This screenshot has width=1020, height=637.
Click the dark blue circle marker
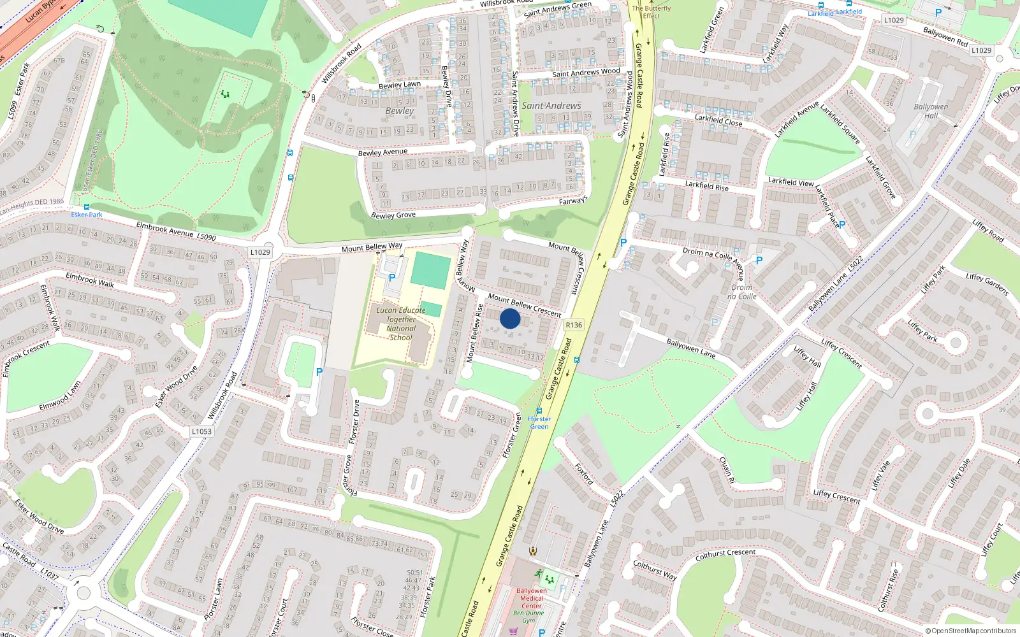coord(510,318)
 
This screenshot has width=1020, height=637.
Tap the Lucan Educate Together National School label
coord(401,324)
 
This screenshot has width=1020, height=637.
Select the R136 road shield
coord(574,325)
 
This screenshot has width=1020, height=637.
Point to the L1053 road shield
coord(201,431)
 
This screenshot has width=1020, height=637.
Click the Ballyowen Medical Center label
coord(532,598)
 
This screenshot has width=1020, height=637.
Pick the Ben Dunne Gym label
coord(529,617)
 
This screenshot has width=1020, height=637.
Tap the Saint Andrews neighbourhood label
coord(551,106)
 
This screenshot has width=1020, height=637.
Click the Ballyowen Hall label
coord(931,111)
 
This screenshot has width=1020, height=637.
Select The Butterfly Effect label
coord(652,12)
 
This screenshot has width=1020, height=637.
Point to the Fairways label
coord(572,201)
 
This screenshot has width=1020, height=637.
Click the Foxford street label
coord(584,474)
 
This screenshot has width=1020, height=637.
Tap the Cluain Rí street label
coord(727,470)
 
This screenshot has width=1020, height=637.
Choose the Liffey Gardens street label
coord(987,284)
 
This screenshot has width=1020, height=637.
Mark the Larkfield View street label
coord(790,182)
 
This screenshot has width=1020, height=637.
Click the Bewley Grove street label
coord(393,215)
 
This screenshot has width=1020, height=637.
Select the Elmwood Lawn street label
coord(60,396)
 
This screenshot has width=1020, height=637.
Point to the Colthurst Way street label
coord(655,570)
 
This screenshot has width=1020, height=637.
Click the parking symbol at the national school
coord(392,278)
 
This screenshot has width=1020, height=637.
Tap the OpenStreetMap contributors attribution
coord(973,631)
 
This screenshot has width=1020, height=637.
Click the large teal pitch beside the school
coord(430,269)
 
